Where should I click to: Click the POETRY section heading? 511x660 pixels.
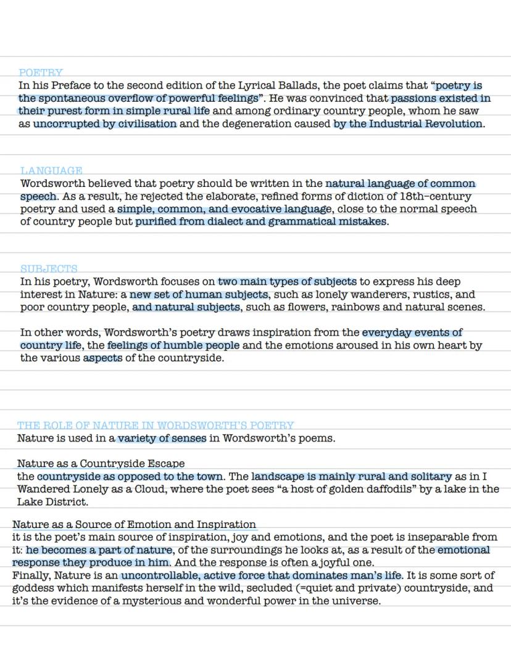coord(41,73)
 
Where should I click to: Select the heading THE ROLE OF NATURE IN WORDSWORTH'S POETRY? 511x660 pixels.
coord(156,426)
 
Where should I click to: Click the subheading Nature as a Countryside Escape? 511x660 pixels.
coord(101,463)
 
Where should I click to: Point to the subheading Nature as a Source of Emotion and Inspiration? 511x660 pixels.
coord(134,524)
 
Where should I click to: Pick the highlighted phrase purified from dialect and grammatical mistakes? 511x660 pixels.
coord(261,221)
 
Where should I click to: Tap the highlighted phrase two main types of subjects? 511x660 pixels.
coord(287,282)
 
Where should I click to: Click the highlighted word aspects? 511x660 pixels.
coord(103,358)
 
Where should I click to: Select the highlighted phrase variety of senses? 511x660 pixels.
coord(162,439)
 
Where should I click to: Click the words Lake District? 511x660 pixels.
coord(52,501)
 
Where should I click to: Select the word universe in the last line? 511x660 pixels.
coord(356,600)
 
